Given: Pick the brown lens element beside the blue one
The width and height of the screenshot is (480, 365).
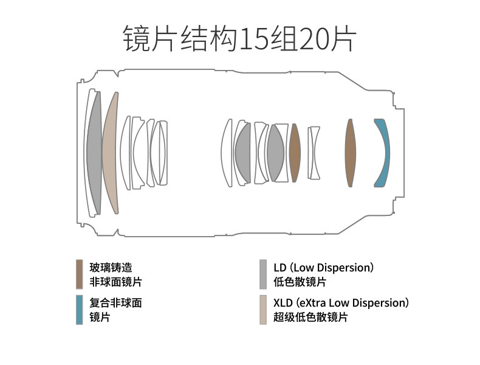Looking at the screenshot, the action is pos(350,152).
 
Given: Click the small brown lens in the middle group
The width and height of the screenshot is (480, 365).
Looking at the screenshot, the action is pos(295,153).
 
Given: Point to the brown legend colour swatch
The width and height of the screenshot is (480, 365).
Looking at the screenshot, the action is pos(79,274).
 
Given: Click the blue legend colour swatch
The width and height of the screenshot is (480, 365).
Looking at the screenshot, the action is pos(79,310).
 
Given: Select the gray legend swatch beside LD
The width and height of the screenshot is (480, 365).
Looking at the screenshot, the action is pos(262,274).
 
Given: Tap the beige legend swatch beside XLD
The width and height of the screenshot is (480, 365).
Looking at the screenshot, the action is pos(262,310).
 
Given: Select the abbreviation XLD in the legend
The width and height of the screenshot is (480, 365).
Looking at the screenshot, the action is pos(283,302).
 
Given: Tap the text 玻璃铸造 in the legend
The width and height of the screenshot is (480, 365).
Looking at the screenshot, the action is pos(111,267).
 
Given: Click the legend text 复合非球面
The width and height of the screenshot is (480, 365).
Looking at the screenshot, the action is pos(115,302).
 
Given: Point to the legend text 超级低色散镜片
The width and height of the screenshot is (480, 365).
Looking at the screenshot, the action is pos(310,317).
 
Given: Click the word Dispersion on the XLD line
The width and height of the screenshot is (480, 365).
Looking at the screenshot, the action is pos(379,302).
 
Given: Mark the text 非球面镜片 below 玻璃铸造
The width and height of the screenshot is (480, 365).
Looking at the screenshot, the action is pos(116,282).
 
